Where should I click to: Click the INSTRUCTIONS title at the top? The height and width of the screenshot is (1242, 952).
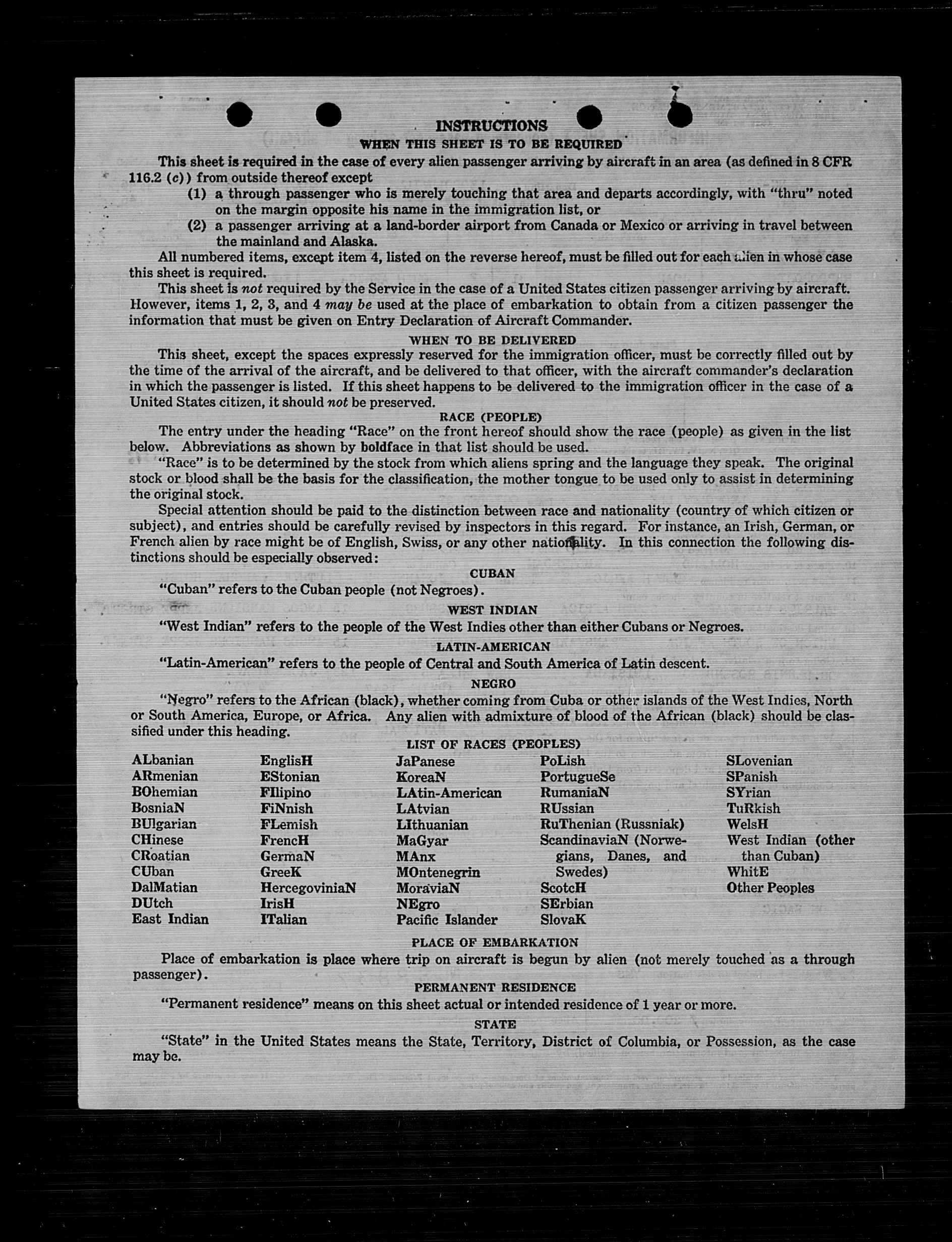491,125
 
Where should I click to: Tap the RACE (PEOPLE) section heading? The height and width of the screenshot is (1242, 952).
490,417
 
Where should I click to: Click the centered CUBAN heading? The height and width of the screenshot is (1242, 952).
492,573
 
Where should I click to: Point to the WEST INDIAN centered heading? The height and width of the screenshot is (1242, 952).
492,610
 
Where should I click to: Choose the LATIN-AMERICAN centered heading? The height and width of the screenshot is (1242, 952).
493,647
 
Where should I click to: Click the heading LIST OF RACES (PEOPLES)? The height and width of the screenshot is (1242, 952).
493,744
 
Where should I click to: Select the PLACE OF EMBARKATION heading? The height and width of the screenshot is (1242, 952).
495,943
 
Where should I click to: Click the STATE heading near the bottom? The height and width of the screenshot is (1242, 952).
495,1025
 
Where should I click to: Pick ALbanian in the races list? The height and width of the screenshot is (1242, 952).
163,760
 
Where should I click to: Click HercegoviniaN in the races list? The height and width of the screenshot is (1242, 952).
308,888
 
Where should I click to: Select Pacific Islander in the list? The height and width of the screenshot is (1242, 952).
447,920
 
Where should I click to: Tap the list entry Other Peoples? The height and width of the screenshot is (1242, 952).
770,888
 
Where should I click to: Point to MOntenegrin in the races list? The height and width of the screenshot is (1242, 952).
438,872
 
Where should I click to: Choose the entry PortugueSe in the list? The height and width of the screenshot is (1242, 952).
577,776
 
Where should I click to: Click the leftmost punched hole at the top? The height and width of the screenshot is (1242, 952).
239,115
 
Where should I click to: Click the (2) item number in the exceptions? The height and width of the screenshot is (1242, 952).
197,225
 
